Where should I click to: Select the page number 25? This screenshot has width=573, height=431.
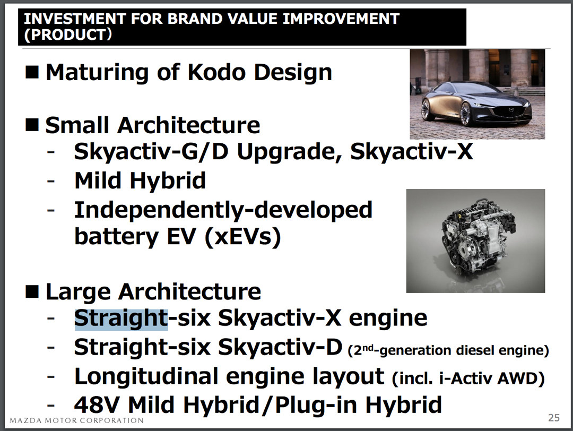click(553, 418)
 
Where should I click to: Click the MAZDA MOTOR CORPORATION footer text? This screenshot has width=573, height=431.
click(76, 420)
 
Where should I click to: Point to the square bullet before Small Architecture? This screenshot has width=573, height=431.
click(32, 125)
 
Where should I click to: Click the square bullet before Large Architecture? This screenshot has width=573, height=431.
click(32, 291)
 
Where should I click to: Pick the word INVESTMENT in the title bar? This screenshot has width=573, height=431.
click(75, 19)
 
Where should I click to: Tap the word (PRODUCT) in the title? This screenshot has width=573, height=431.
click(68, 35)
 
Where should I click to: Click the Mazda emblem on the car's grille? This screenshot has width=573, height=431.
click(511, 110)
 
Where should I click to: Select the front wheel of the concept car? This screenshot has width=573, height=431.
click(466, 114)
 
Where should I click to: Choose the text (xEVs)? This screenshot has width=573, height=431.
click(243, 237)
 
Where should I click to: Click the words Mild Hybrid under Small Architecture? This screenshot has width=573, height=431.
click(140, 180)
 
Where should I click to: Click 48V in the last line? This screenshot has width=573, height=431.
click(98, 404)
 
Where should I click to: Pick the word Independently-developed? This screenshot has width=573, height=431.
click(223, 210)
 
